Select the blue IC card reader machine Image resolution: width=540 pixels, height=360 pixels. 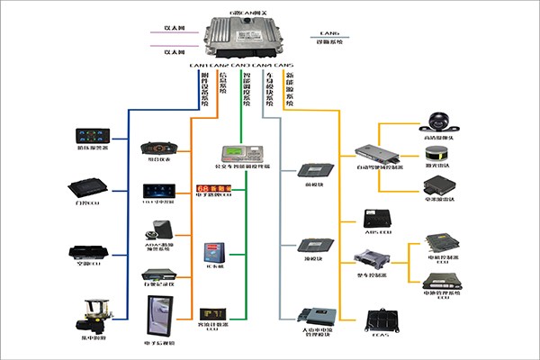pyautogui.click(x=215, y=251)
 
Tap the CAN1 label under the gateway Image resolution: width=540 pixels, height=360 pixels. pyautogui.click(x=198, y=66)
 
